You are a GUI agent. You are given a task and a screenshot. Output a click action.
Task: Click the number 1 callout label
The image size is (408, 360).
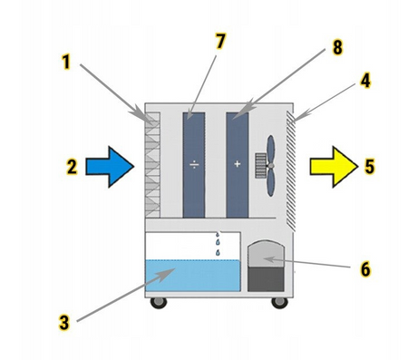66,62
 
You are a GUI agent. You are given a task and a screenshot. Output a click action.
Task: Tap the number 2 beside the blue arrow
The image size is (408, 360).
72,167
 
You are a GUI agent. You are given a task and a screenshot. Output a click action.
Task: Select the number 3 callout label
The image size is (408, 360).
64,322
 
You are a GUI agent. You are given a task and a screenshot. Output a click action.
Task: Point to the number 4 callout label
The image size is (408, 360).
365,81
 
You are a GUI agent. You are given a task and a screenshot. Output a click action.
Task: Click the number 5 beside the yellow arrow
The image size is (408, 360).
369,166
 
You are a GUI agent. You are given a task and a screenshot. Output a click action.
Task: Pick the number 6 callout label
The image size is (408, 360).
365,268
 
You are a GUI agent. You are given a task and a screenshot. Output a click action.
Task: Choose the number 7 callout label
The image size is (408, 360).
220,41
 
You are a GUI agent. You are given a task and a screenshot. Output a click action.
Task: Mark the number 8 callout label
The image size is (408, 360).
337,47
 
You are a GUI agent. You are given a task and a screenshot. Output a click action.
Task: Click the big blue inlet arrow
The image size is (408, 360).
110,167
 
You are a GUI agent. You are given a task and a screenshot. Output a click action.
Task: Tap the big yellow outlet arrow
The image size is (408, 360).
334,167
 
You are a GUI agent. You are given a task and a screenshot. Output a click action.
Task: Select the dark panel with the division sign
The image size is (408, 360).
194,165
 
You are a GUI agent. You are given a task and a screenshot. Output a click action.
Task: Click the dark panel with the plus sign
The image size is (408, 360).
238,165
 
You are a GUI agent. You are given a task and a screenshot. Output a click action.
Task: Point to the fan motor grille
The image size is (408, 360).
260,165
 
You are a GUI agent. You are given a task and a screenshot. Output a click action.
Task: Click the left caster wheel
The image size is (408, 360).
159,303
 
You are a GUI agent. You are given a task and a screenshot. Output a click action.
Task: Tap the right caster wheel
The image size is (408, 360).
279,303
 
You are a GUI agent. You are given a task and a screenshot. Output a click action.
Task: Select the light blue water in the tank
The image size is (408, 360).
193,276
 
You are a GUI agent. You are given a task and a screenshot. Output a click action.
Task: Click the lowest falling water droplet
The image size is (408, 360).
218,252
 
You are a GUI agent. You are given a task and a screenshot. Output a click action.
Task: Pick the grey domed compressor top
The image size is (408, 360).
266,254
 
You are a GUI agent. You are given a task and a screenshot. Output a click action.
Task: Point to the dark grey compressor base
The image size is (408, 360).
266,279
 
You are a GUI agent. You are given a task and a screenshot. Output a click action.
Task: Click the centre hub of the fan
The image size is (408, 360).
271,166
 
